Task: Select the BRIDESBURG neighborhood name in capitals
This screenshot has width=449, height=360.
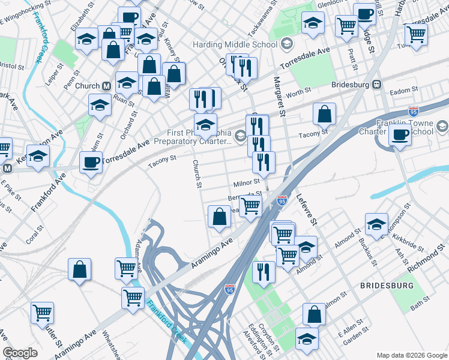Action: click(x=387, y=286)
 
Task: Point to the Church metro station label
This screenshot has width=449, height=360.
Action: click(x=87, y=86)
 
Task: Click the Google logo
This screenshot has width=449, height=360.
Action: click(x=20, y=353)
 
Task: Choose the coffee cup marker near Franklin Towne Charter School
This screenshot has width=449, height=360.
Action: click(x=400, y=136)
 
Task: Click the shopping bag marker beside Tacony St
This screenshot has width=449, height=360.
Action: click(x=324, y=113)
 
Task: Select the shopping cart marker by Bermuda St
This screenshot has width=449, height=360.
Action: click(x=250, y=206)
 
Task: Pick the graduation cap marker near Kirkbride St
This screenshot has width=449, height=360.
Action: click(x=376, y=224)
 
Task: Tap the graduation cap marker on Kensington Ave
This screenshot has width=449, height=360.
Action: click(x=38, y=155)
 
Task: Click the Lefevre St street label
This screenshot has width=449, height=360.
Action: click(x=306, y=210)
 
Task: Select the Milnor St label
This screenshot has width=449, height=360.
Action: click(x=247, y=181)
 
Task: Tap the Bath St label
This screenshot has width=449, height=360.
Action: click(x=417, y=307)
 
